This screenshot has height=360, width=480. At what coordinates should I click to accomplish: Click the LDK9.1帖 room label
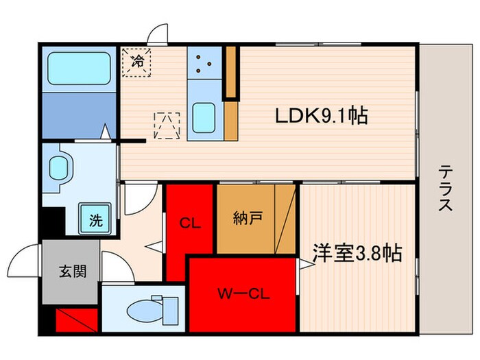(x=322, y=116)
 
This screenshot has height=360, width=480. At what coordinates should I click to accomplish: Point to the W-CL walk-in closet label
(x=244, y=296)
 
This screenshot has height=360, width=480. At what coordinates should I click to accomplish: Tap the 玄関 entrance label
(x=71, y=272)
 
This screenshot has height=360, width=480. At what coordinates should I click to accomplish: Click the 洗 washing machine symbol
(x=97, y=220)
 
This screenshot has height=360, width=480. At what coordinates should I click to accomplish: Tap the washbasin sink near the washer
(x=60, y=166)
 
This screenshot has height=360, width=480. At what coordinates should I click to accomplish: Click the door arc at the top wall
(x=159, y=34)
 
